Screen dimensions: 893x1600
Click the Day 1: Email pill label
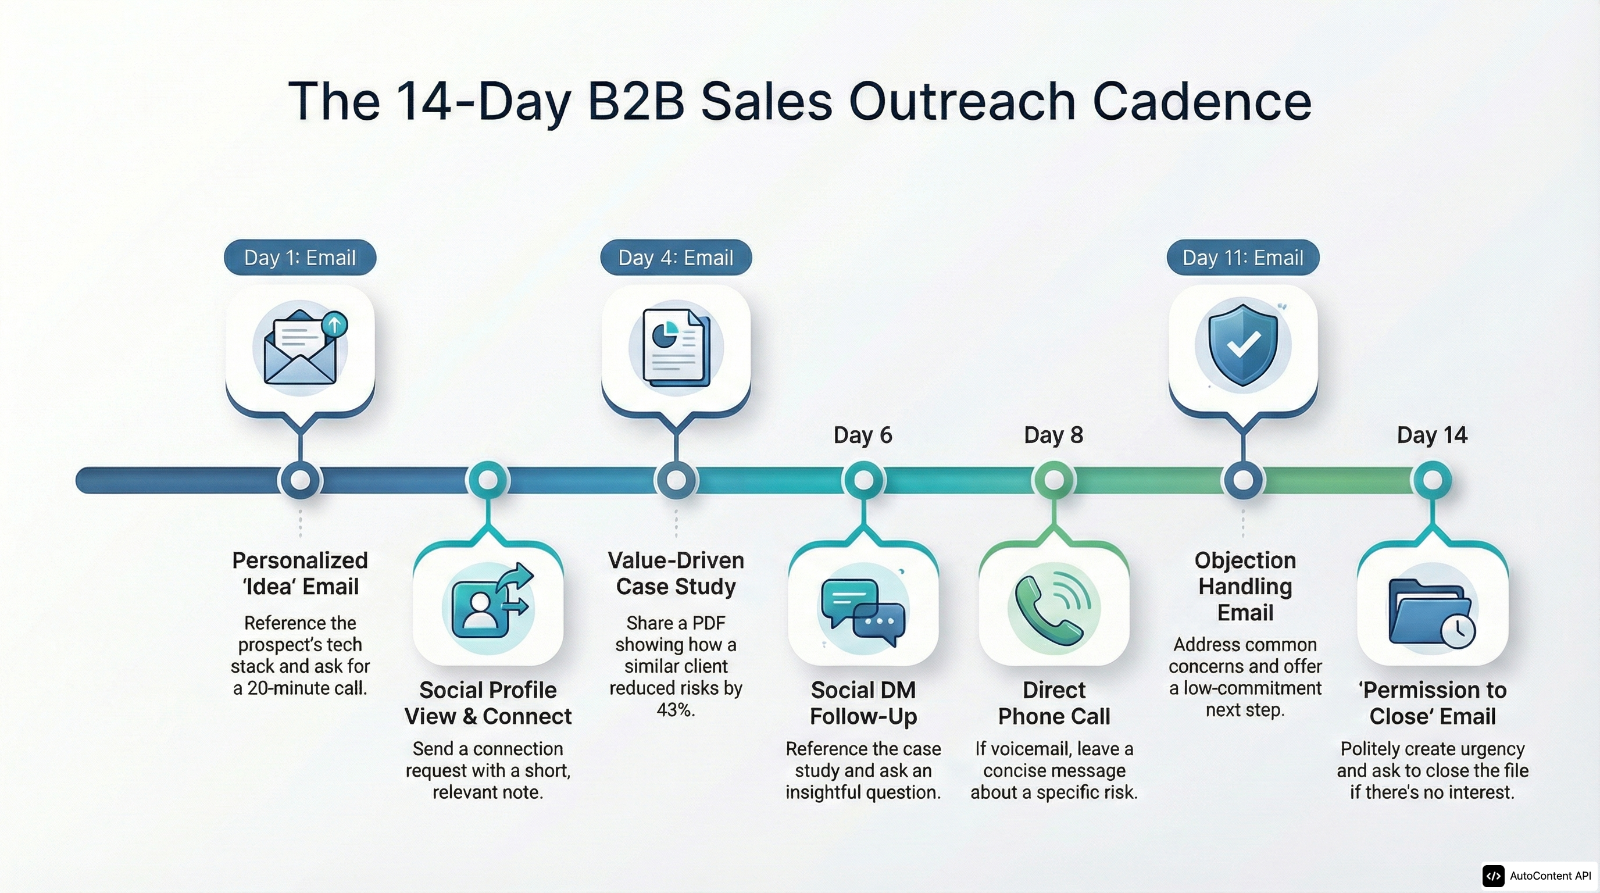[300, 258]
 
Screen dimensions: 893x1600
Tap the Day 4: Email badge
[676, 258]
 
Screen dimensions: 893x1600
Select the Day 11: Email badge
[1243, 258]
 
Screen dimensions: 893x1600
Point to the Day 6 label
[863, 435]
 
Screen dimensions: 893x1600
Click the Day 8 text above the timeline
[1053, 435]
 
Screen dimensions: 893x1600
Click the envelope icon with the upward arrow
[301, 348]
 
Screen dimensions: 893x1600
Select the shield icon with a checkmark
[1243, 345]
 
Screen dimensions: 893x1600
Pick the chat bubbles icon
[863, 612]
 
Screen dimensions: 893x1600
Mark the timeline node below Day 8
[1053, 480]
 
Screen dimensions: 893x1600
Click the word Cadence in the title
[1201, 102]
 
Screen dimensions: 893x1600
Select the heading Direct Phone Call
[1053, 703]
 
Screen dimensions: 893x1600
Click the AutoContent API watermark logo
[1494, 876]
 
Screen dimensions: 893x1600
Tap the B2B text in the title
[636, 102]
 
